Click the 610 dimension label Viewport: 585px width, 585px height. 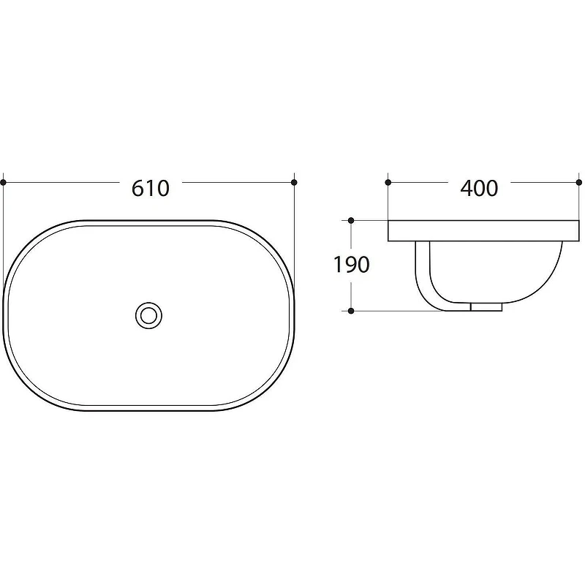click(x=151, y=188)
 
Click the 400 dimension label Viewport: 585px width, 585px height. click(x=479, y=188)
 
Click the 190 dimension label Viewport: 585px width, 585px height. click(x=351, y=265)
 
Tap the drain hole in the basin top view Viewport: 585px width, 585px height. click(x=148, y=316)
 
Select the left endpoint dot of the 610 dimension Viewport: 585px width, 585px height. click(x=4, y=182)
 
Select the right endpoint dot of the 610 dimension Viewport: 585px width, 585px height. click(x=294, y=182)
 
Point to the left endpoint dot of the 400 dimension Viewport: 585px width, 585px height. click(x=388, y=182)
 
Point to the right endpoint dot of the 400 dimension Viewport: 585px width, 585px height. click(x=579, y=182)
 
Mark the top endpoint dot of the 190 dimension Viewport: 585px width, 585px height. click(x=351, y=221)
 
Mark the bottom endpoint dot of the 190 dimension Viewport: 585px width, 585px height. click(x=351, y=311)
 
